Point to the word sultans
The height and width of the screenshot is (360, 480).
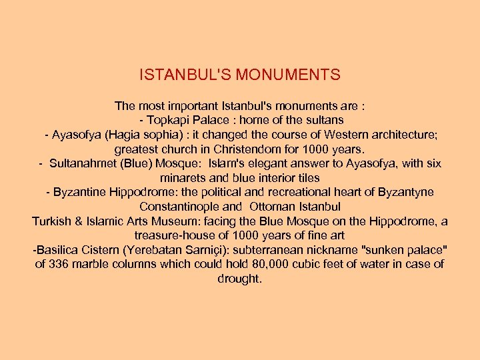(x=324, y=120)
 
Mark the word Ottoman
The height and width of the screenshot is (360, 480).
(x=273, y=207)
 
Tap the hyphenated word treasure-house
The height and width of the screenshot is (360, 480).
(x=174, y=235)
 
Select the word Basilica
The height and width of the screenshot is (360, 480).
(x=58, y=250)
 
